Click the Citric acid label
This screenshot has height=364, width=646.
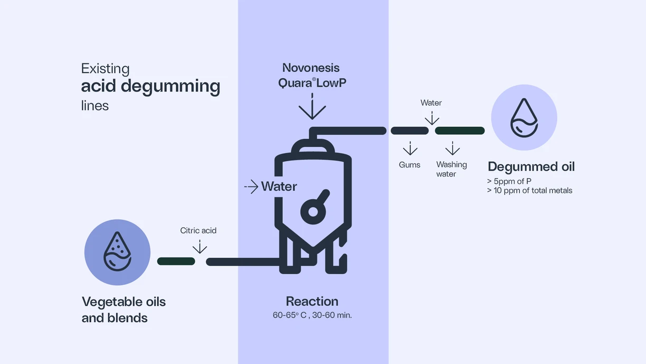[x=198, y=231]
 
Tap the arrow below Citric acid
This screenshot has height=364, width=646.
[x=199, y=246]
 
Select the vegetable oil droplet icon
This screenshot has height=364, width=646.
[x=117, y=252]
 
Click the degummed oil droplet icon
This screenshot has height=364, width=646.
[x=524, y=117]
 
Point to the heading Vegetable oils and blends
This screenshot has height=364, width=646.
[x=123, y=310]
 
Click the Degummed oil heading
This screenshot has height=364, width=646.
[x=531, y=167]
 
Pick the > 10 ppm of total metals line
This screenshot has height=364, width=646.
[x=529, y=191]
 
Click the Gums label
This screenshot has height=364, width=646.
[x=410, y=165]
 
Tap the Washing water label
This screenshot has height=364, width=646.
[x=451, y=169]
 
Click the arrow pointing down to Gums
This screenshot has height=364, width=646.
[x=410, y=148]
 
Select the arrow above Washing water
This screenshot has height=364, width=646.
[x=452, y=148]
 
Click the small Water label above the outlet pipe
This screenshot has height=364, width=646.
[x=431, y=103]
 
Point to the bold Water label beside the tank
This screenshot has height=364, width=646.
[x=279, y=186]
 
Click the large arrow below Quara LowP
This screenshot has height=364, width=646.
[x=312, y=107]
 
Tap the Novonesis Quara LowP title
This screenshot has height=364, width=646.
[x=311, y=75]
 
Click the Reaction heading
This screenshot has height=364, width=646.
[x=312, y=302]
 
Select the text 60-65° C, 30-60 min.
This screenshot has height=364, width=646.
[x=312, y=315]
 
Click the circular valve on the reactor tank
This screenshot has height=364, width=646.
[x=312, y=212]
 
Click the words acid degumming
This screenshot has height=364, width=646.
[x=150, y=86]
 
